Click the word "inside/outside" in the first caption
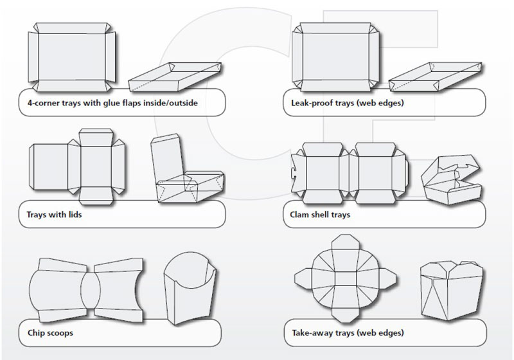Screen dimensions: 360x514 [x=170, y=103]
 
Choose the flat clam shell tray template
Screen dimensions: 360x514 [x=351, y=168]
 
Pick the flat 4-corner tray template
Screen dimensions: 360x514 [x=71, y=58]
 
